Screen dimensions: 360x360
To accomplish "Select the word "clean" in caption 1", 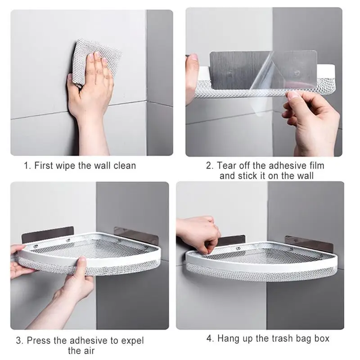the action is [125, 166].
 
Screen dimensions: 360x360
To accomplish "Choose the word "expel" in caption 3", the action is [132, 341].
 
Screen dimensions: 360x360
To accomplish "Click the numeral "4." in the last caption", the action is [210, 338].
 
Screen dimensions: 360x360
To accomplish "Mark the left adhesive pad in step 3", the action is [48, 234].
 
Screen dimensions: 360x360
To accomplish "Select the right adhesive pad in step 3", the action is [136, 235].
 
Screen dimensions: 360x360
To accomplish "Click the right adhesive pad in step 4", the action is [309, 244].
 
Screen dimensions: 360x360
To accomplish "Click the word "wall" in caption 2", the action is [306, 176].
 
